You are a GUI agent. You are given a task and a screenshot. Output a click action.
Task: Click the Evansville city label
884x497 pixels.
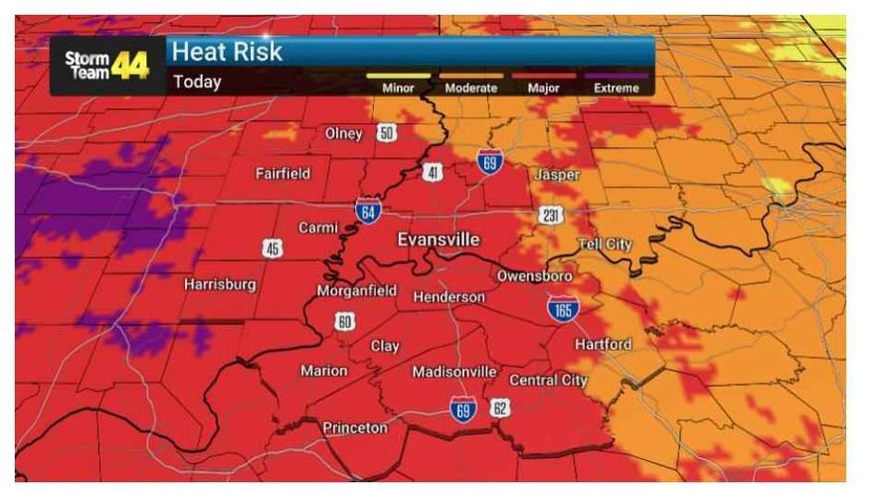pos(439,240)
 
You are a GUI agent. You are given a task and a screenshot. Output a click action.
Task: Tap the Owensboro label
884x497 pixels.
pos(534,275)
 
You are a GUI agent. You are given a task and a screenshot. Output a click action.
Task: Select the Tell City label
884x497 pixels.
pos(605,245)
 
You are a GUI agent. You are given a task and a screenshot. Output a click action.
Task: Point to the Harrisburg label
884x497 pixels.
pos(220,284)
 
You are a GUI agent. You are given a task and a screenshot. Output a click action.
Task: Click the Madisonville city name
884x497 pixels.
pos(454,372)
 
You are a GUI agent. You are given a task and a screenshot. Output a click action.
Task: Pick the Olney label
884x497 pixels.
pos(344,134)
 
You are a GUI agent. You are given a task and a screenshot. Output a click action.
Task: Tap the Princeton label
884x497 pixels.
pos(355,427)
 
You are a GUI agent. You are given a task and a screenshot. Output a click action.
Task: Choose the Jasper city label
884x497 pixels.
pos(557,175)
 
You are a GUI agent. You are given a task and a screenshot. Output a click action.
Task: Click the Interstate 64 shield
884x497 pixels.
pos(368,210)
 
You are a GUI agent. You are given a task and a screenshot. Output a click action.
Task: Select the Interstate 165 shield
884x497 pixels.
pos(563,307)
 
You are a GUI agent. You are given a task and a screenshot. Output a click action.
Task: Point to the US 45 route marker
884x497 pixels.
pos(272,248)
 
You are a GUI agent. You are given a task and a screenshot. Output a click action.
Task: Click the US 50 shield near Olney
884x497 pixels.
pos(386,133)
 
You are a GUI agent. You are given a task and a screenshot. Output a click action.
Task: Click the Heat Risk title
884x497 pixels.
pos(228,53)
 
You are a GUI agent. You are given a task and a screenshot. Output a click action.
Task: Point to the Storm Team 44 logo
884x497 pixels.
pos(107,66)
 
